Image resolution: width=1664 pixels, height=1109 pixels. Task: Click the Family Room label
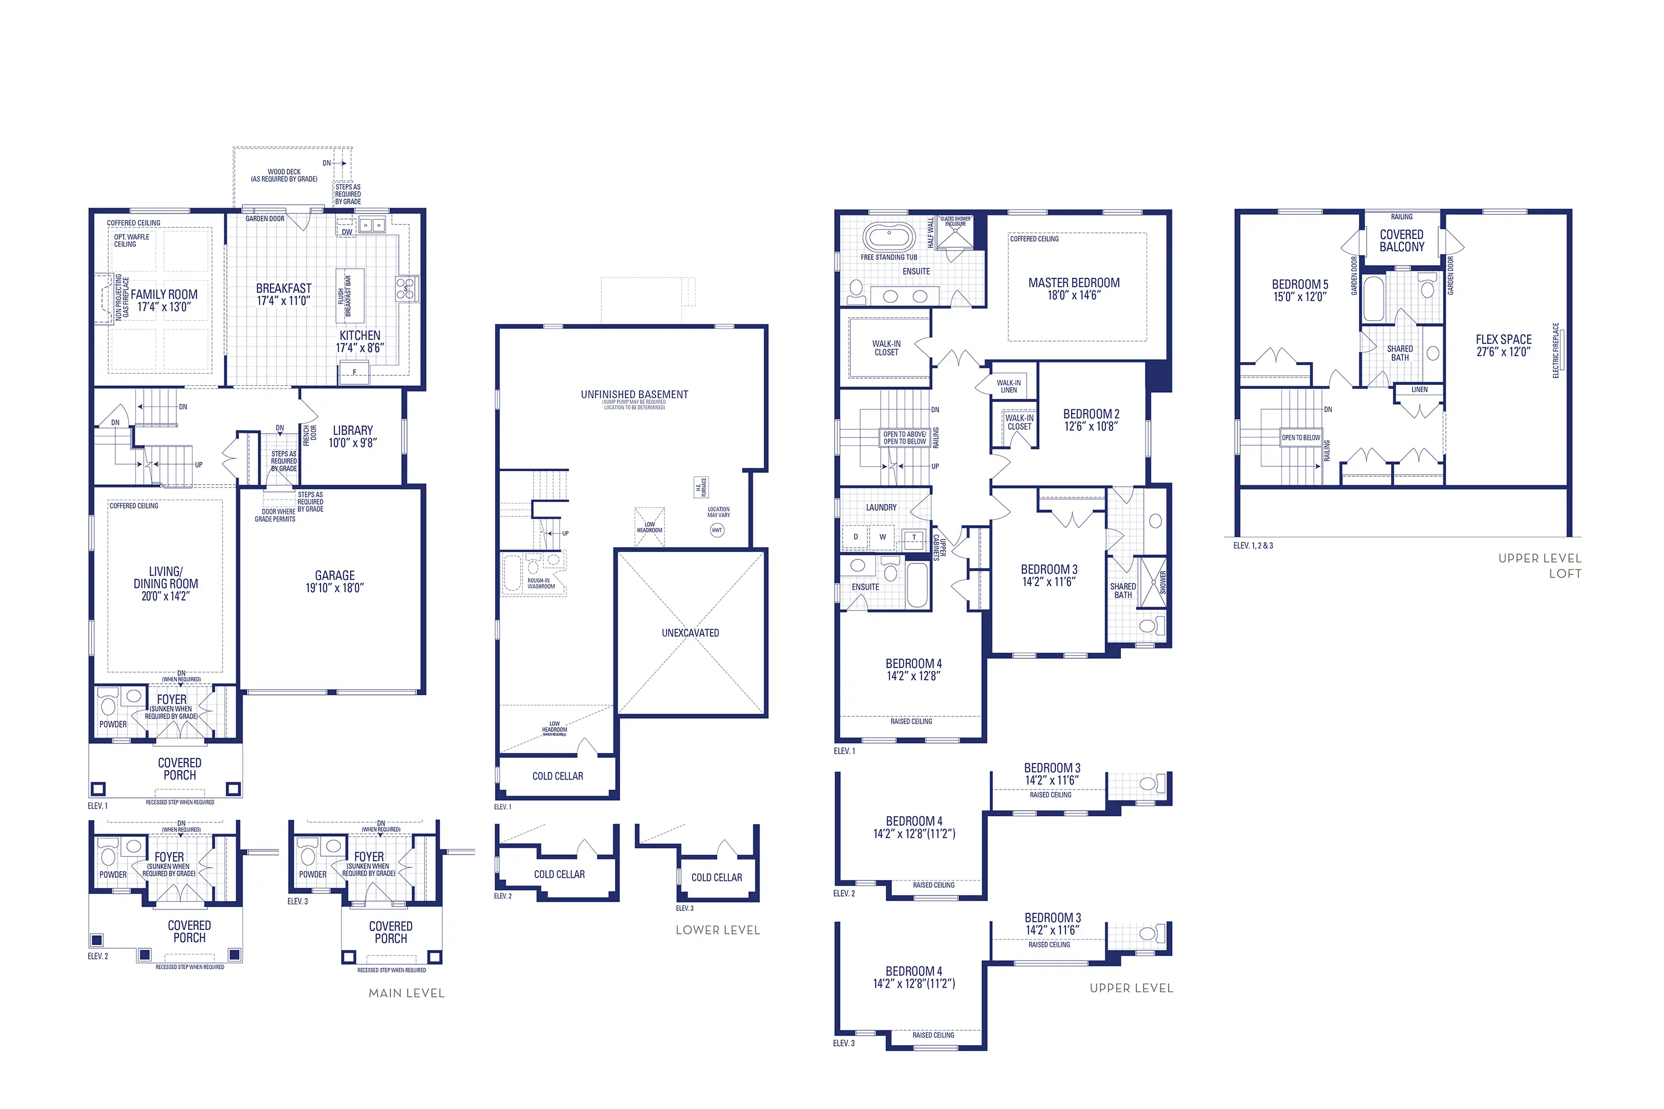point(164,294)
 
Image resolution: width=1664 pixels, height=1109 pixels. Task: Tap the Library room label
point(352,430)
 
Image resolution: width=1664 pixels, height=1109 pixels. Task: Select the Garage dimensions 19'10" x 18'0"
point(334,588)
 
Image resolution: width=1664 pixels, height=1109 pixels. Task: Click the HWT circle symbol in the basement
point(717,530)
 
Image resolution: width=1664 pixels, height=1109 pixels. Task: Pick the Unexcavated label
point(690,633)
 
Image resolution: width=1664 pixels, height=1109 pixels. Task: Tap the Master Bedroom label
point(1073,283)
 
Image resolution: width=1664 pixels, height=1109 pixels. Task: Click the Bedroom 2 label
point(1091,414)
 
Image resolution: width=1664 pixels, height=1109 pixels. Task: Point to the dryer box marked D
point(855,537)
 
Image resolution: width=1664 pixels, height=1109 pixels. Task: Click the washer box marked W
point(882,537)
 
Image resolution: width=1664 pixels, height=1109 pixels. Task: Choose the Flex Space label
point(1503,339)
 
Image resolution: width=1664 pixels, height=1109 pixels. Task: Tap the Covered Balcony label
point(1402,241)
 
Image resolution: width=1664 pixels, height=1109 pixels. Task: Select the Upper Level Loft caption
point(1540,566)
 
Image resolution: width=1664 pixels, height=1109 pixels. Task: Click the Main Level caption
point(406,993)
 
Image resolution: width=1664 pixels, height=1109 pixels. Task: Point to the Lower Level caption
point(717,930)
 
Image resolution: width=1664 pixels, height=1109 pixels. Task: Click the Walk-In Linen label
point(1008,386)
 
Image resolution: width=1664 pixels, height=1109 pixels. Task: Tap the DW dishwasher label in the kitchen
point(347,232)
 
